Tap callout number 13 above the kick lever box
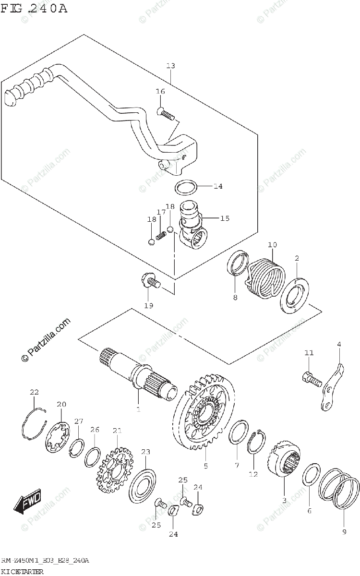[x=170, y=65]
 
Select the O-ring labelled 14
[x=186, y=187]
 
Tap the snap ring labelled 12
[x=255, y=442]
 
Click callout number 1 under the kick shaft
[x=138, y=409]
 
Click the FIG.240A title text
[x=35, y=8]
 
